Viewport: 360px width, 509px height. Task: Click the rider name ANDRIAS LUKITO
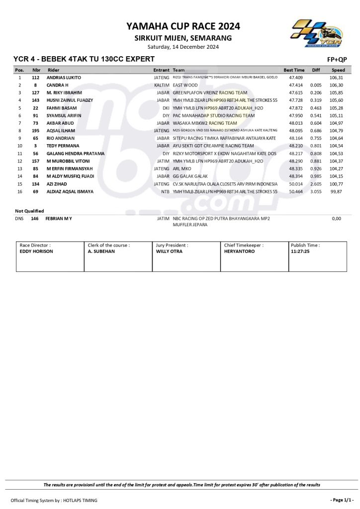[64, 78]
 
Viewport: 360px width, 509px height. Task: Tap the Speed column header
[338, 70]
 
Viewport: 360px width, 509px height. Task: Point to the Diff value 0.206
[316, 93]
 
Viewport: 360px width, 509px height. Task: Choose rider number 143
[36, 100]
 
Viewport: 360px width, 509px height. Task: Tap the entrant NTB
[165, 191]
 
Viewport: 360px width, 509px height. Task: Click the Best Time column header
[294, 70]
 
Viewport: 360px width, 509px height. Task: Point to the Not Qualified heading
[29, 211]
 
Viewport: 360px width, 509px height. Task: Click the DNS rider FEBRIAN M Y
[59, 218]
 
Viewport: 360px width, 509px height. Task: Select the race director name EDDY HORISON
[36, 252]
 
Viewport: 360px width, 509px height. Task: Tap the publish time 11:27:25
[300, 252]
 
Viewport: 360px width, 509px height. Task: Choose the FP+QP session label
[337, 60]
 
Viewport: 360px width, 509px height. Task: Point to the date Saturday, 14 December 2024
[183, 47]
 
